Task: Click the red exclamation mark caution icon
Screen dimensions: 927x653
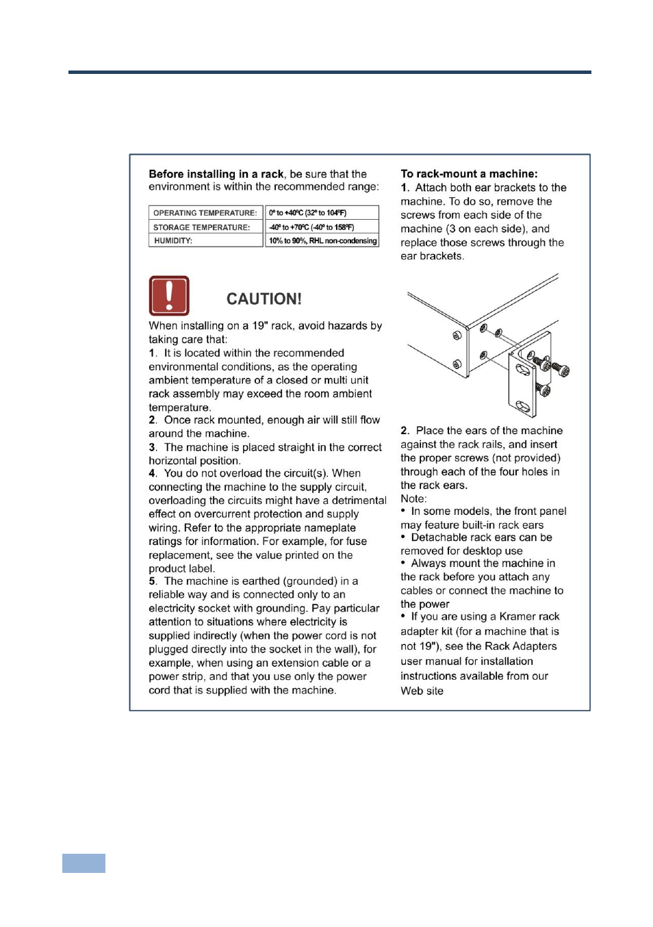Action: point(169,296)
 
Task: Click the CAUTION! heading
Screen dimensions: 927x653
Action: point(264,299)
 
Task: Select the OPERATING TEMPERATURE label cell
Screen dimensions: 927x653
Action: point(205,213)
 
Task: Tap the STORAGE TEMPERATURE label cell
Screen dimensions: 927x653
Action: point(202,227)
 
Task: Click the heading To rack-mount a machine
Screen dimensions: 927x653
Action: point(469,174)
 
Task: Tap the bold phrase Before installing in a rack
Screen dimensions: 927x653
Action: point(216,174)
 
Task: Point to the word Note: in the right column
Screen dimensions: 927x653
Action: point(413,498)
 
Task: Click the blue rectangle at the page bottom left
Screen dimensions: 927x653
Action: point(84,863)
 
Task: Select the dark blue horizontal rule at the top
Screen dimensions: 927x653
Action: point(329,72)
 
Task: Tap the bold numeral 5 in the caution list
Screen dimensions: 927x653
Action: point(152,581)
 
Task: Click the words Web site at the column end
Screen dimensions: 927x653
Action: point(422,691)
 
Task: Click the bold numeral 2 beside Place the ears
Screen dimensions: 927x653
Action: point(405,431)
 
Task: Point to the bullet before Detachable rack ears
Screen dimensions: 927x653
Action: point(403,537)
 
